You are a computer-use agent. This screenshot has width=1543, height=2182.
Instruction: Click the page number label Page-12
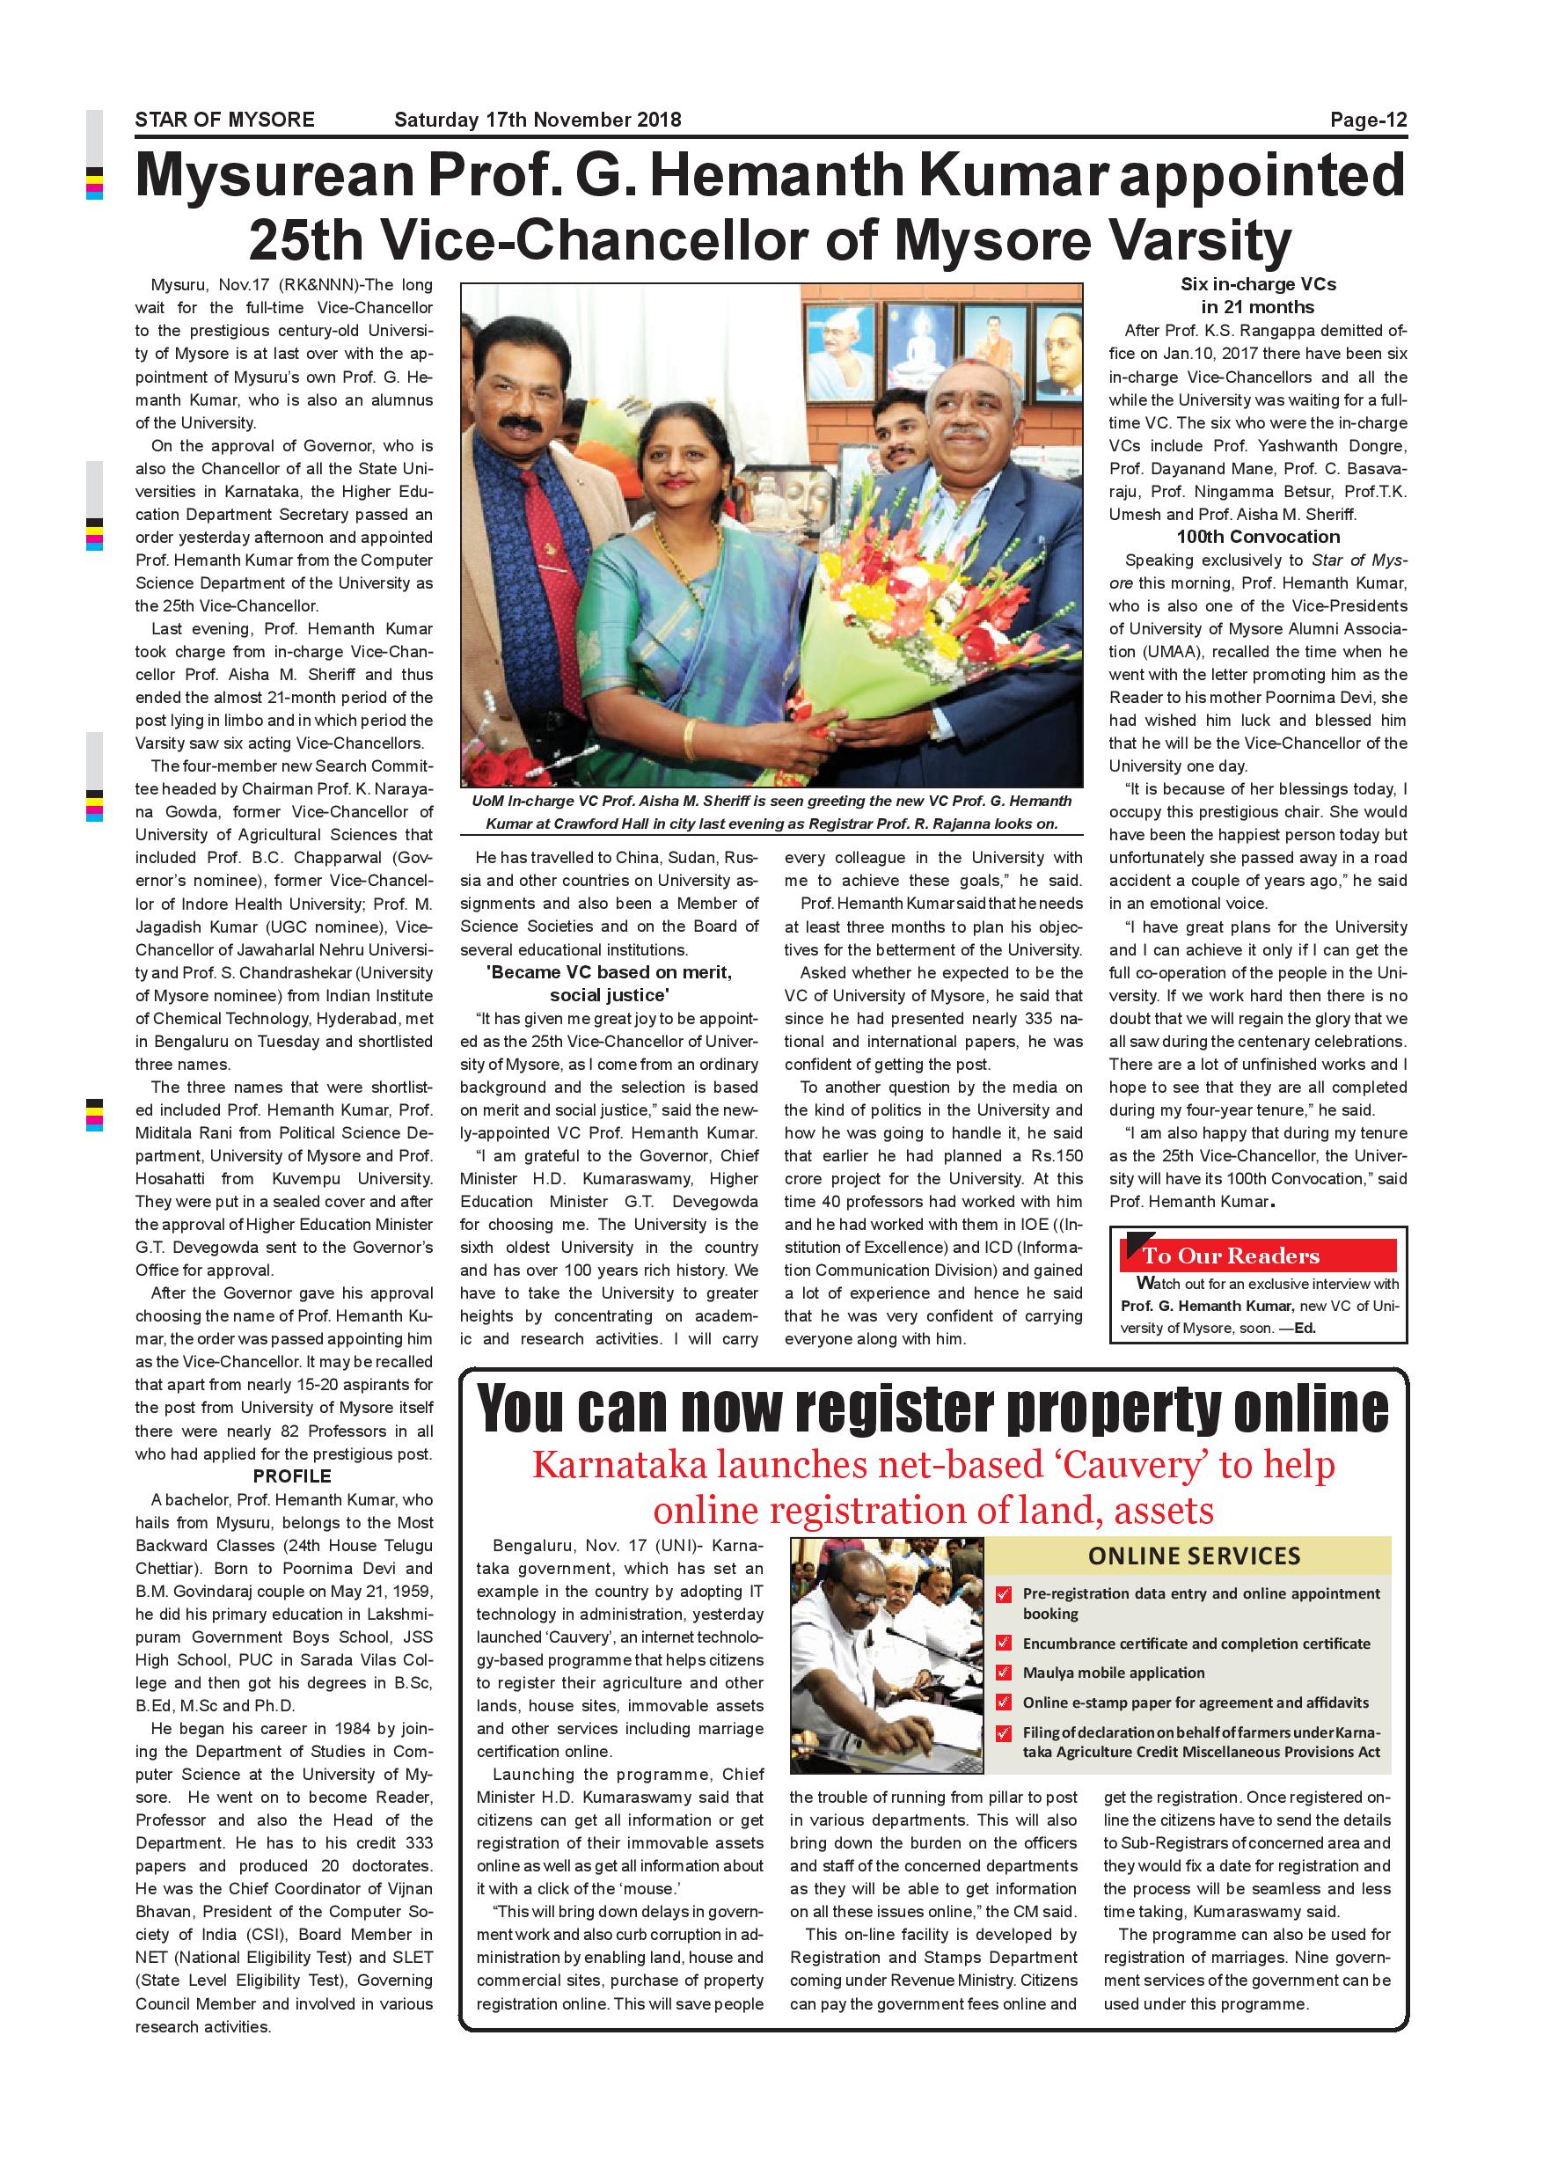[x=1367, y=120]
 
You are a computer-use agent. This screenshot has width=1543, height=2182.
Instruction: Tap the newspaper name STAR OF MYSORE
[x=224, y=120]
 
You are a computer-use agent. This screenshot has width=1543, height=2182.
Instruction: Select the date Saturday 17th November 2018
[x=537, y=120]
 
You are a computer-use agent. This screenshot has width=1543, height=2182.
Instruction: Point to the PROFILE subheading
[x=292, y=1475]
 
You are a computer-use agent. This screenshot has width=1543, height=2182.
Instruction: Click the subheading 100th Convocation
[x=1257, y=537]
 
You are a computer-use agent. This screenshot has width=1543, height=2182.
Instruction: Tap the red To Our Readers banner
[x=1258, y=1256]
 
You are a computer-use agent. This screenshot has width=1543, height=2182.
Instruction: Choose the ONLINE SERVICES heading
[x=1194, y=1556]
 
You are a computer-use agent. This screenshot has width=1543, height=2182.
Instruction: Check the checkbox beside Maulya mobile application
[x=1004, y=1672]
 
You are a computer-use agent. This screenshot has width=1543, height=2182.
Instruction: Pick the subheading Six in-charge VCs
[x=1257, y=284]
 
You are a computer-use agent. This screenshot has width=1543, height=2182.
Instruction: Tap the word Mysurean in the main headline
[x=275, y=176]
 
